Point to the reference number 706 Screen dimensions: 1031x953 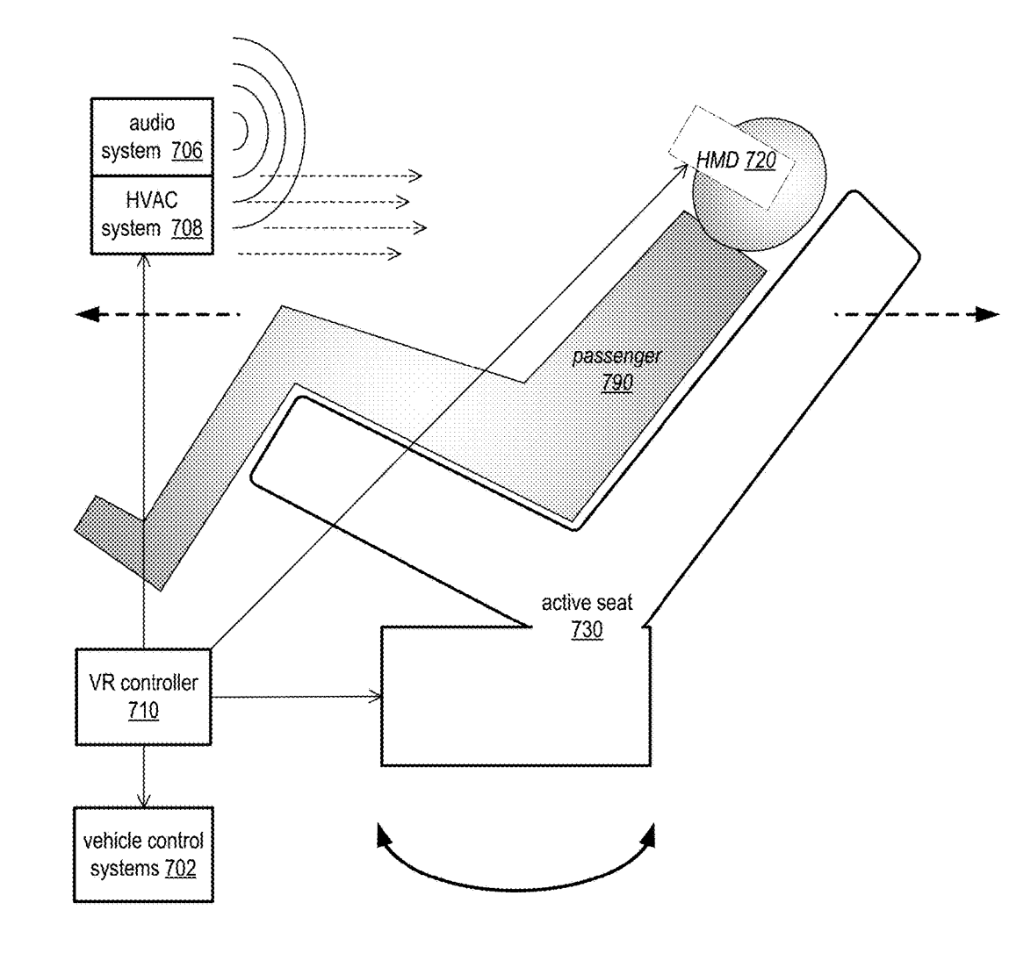tap(187, 151)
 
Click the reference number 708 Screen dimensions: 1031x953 tap(187, 228)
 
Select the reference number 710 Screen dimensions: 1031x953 tap(143, 711)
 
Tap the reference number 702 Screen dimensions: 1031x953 tap(180, 868)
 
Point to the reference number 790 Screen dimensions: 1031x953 tap(617, 383)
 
